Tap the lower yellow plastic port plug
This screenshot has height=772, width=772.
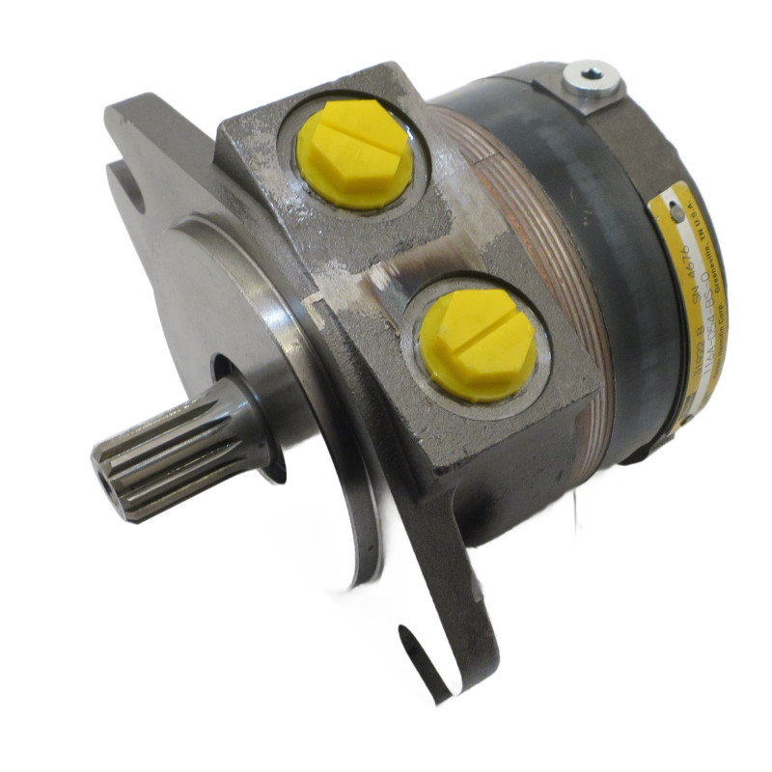click(476, 344)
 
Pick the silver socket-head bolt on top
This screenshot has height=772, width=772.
click(589, 77)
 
